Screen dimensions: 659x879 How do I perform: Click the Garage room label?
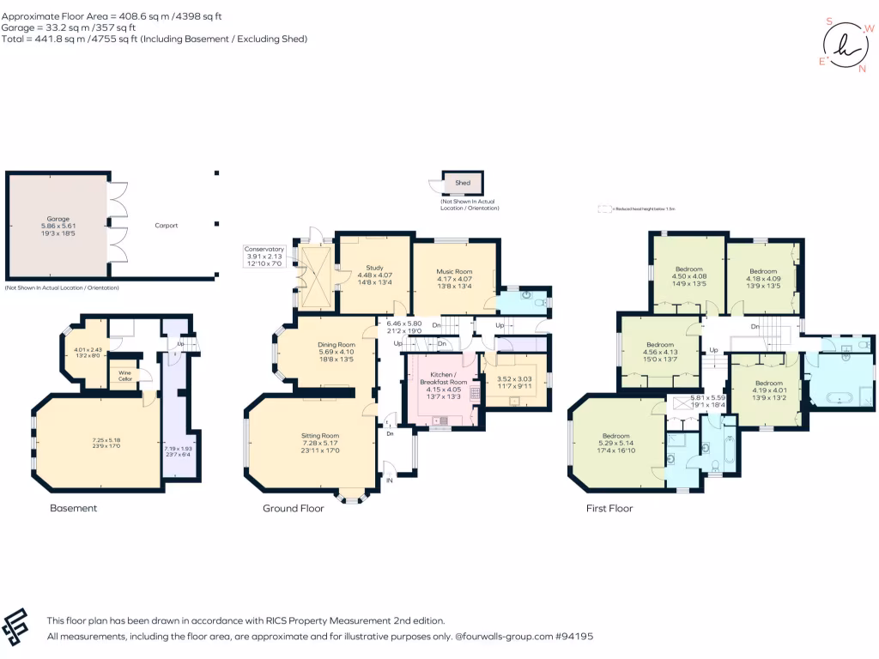pos(58,219)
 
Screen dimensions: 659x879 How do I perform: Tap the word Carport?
pos(166,226)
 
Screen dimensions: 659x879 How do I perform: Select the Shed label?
pos(463,183)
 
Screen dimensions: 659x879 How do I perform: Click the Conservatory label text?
pos(264,249)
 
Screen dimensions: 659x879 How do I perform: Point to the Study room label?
pos(374,267)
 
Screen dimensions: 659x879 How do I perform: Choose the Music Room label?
pos(455,271)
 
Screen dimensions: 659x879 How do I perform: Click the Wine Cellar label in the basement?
pos(125,375)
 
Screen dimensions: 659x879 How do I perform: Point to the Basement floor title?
pos(73,508)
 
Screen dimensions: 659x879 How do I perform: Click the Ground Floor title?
pos(293,508)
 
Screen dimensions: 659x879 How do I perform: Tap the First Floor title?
pos(609,508)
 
